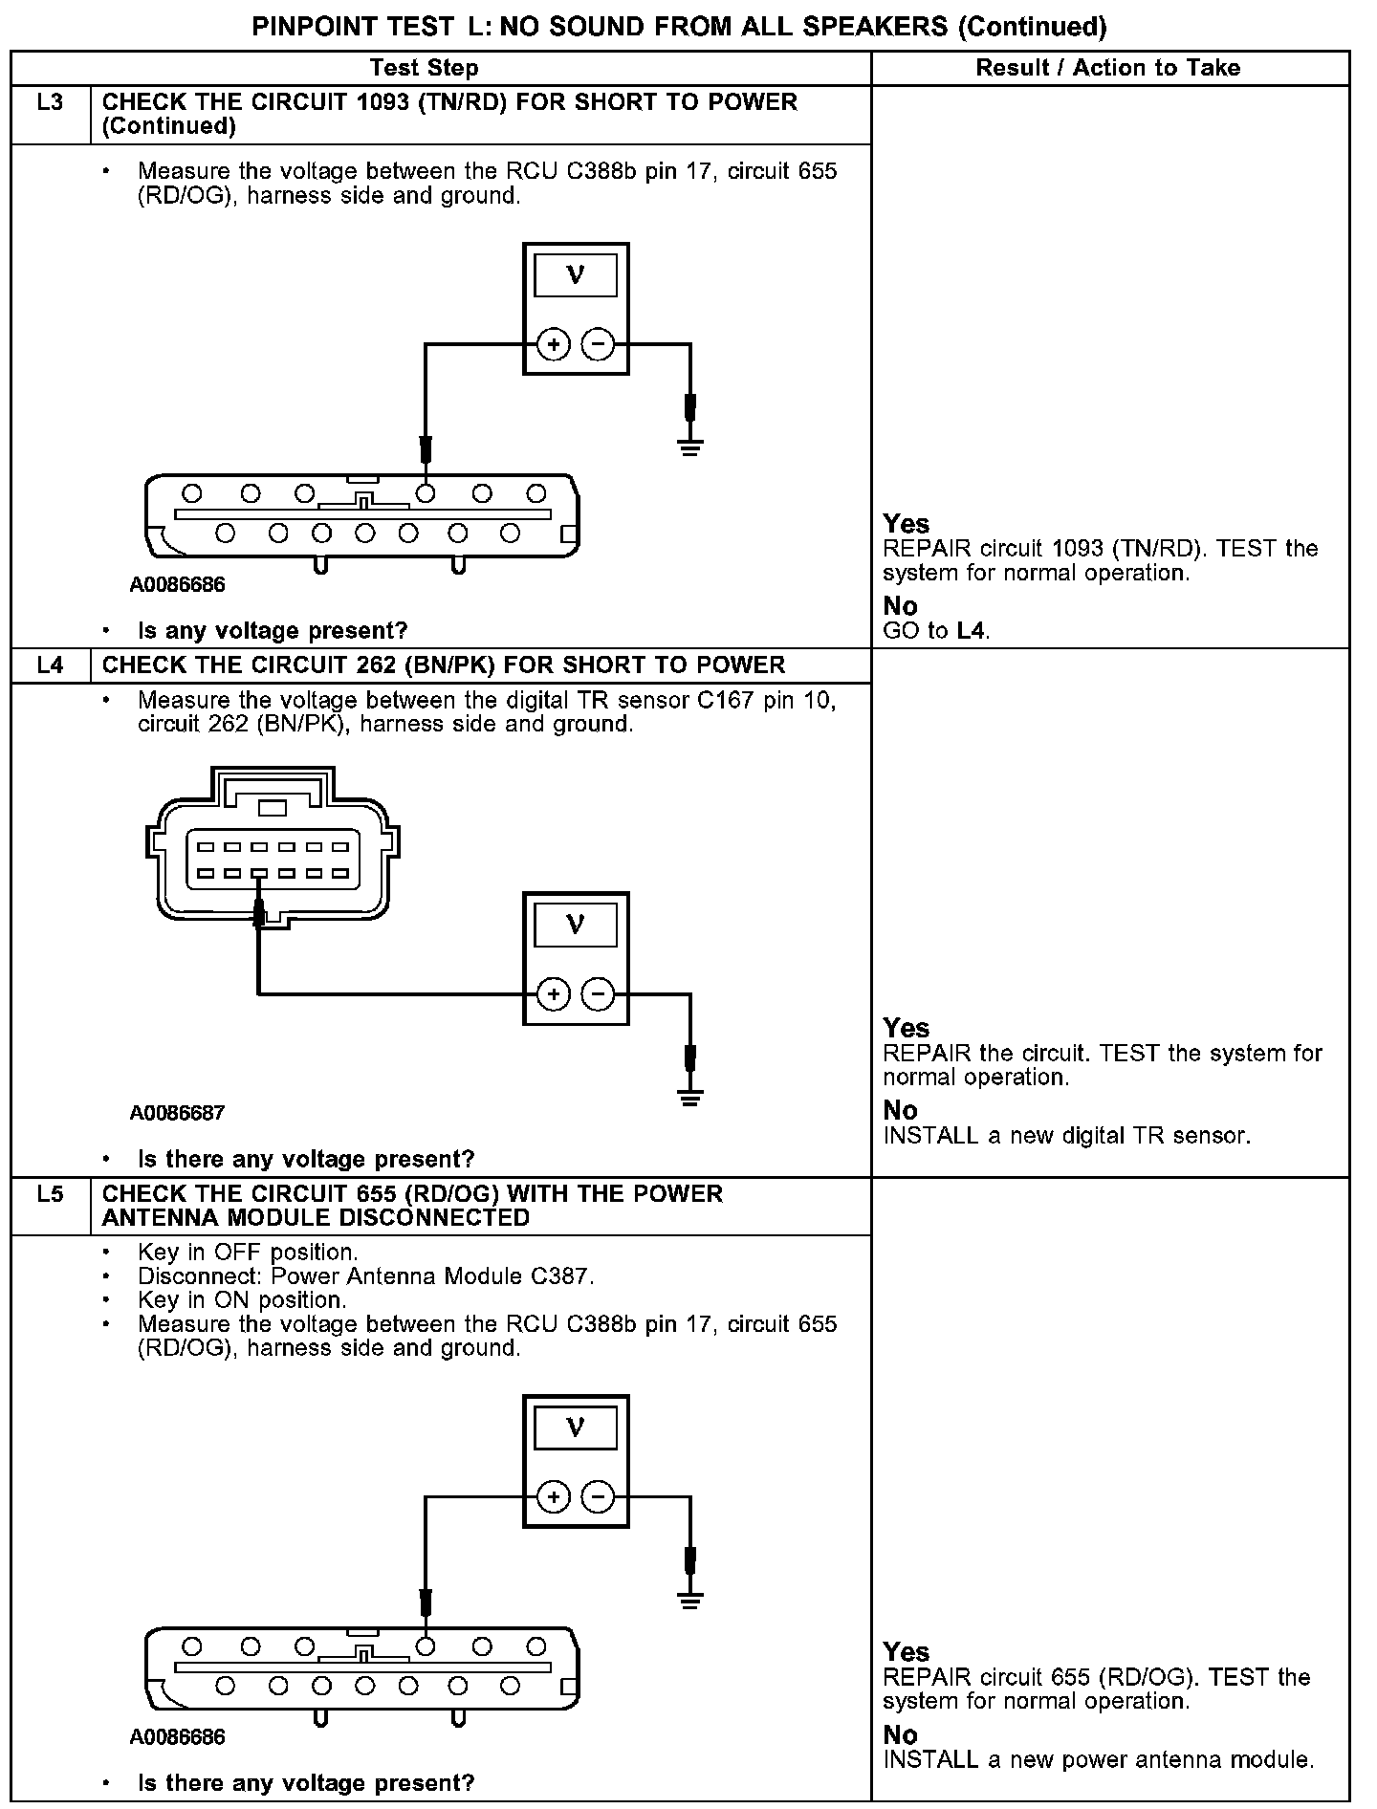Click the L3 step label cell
tap(50, 102)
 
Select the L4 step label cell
tap(50, 665)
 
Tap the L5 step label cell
tap(50, 1194)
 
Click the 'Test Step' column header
tap(424, 68)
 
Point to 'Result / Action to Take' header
tap(1107, 68)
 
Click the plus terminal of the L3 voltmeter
tap(553, 344)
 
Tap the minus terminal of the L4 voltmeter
tap(598, 995)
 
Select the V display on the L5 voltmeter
tap(575, 1428)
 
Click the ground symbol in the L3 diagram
tap(689, 445)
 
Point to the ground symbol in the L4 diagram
tap(689, 1096)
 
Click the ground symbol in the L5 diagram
tap(689, 1598)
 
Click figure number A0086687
tap(177, 1113)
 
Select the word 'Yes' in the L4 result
tap(906, 1028)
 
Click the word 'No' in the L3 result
tap(900, 606)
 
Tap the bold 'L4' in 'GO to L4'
tap(971, 631)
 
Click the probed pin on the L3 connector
tap(426, 493)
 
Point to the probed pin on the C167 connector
tap(259, 873)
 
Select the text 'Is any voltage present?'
tap(273, 631)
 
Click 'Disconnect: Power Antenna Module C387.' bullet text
tap(365, 1276)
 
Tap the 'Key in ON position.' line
tap(242, 1300)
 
